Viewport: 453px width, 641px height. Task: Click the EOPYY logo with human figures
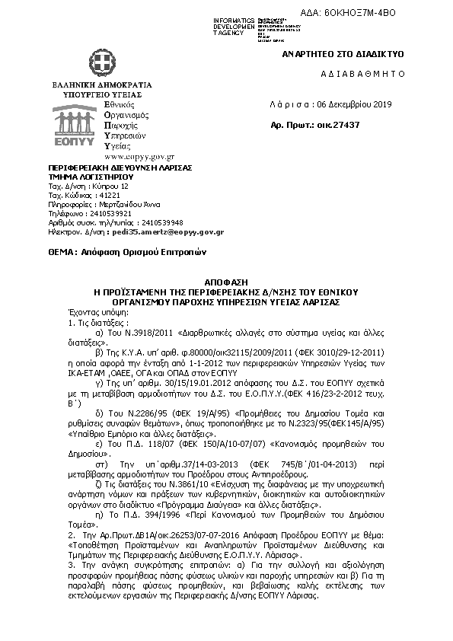74,123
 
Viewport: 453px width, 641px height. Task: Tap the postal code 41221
97,195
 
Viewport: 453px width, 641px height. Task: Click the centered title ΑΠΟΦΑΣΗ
225,282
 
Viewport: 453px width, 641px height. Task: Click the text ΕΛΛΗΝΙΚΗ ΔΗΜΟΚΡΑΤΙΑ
101,85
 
